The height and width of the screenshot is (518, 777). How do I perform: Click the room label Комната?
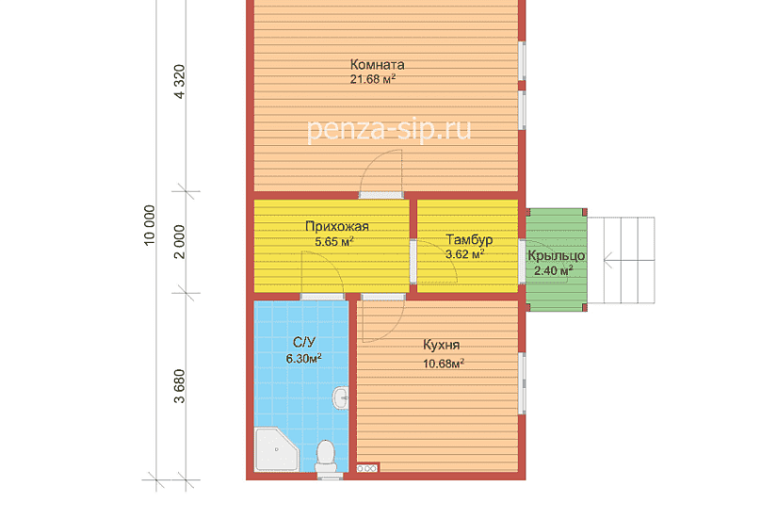[x=377, y=64]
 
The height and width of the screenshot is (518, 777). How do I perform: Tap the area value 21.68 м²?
[x=373, y=79]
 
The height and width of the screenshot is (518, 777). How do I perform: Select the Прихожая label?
[x=337, y=227]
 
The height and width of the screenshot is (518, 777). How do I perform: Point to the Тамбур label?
[x=469, y=239]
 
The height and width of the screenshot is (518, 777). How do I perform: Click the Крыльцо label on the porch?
[x=556, y=256]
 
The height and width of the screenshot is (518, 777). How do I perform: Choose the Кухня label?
[x=441, y=345]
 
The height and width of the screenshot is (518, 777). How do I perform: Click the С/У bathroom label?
[x=304, y=342]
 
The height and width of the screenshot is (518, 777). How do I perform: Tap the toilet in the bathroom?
[x=326, y=457]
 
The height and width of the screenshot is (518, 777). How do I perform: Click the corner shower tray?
[x=277, y=449]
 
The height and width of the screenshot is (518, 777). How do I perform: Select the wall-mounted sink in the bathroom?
[x=340, y=397]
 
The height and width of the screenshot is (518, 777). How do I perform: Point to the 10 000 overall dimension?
[x=149, y=225]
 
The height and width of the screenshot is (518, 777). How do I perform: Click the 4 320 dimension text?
[x=179, y=82]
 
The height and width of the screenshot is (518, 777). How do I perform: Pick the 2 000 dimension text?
[x=179, y=242]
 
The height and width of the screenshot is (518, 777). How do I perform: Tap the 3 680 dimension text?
[x=179, y=386]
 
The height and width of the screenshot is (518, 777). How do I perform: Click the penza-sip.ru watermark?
[x=389, y=130]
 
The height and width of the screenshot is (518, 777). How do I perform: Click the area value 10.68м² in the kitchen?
[x=444, y=364]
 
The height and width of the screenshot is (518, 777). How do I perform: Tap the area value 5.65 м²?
[x=334, y=242]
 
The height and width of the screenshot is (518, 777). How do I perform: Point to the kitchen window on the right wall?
[x=522, y=383]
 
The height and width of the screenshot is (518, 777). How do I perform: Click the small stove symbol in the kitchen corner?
[x=367, y=468]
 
